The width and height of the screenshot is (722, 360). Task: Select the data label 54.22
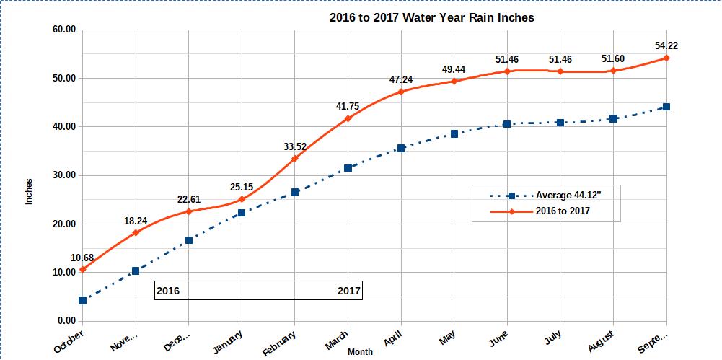[666, 45]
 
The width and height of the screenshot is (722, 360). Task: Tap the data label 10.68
[82, 258]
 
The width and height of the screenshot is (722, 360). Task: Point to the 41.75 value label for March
[347, 106]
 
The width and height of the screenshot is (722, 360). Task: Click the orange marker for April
[401, 92]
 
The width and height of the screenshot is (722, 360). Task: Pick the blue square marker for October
[82, 300]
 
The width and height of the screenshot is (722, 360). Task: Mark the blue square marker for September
[666, 107]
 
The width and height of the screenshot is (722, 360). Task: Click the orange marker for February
[294, 158]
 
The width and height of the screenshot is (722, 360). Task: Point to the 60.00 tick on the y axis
[62, 30]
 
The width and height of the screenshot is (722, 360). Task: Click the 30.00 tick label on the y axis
[62, 175]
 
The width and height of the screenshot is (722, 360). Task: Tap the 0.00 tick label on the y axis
[65, 321]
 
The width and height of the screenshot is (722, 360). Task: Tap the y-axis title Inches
[30, 191]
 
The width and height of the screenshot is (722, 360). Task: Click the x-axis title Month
[360, 352]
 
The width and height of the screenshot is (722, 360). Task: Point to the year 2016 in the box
[168, 291]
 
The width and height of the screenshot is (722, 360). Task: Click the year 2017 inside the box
[349, 291]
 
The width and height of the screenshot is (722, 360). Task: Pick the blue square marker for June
[507, 124]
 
